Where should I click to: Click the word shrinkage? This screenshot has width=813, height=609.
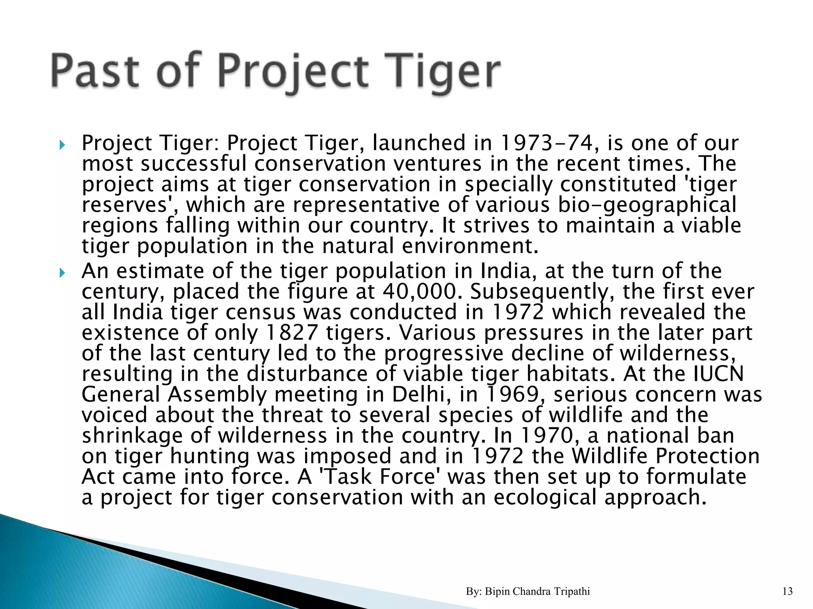coord(133,435)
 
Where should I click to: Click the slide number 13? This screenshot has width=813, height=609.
coord(787,592)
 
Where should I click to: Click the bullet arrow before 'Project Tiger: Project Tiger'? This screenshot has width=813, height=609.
coord(62,145)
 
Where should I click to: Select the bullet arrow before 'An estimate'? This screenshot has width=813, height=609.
coord(62,273)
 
